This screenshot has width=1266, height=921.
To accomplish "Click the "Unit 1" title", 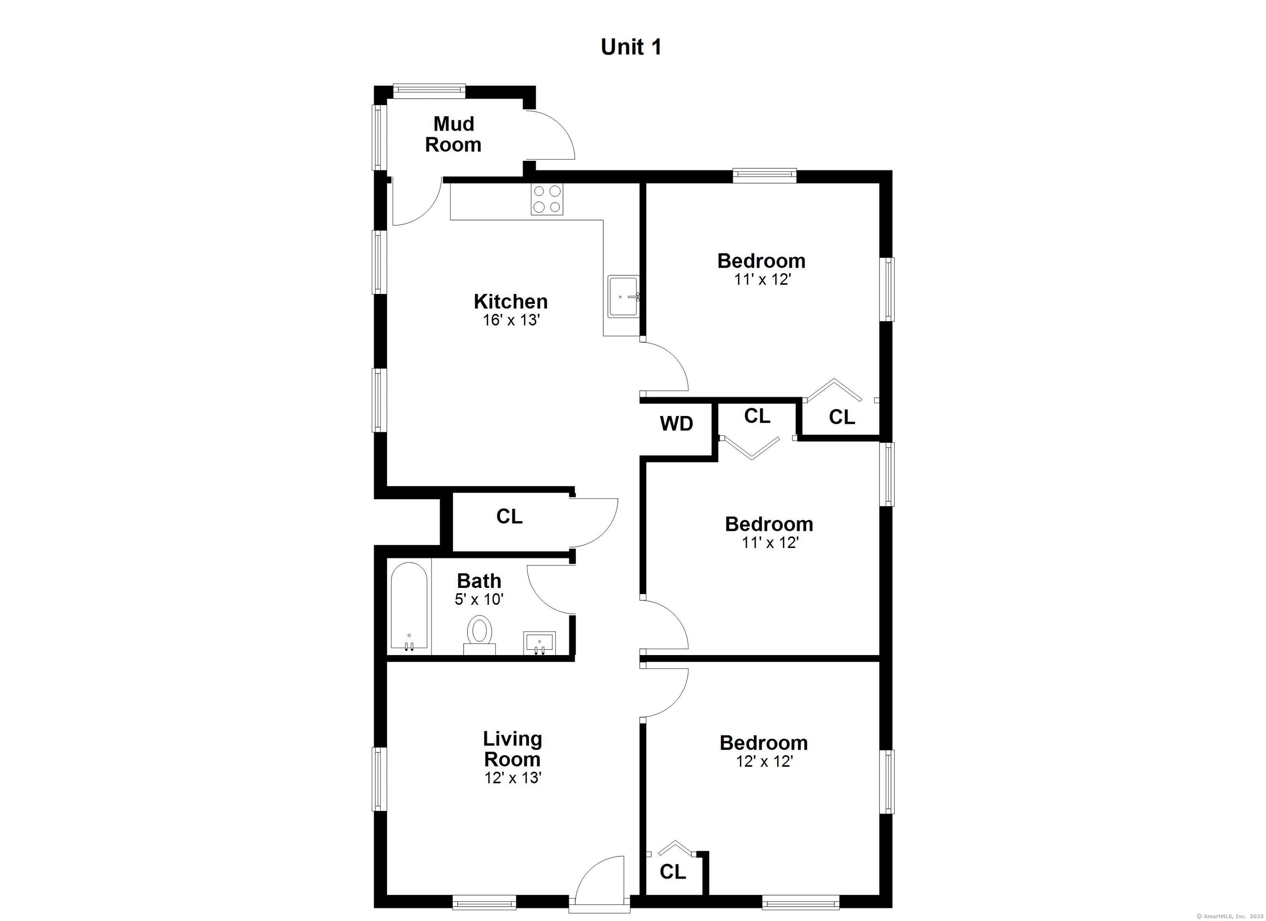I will (x=631, y=47).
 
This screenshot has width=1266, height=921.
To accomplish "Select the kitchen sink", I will (x=623, y=296).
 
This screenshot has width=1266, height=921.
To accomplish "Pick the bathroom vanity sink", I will (x=539, y=642).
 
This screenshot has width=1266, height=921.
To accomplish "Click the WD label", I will (x=677, y=424).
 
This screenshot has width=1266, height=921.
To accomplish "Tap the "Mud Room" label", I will (x=453, y=134).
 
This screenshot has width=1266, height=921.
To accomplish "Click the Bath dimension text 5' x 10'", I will (x=479, y=599).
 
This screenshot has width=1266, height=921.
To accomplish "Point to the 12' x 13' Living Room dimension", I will (x=512, y=778).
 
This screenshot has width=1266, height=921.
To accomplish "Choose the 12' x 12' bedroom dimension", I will (x=764, y=761).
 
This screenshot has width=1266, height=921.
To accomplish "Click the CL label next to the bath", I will (x=509, y=517).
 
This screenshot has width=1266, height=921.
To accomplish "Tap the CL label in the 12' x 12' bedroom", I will (x=673, y=872).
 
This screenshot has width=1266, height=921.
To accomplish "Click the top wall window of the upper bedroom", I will (x=764, y=175).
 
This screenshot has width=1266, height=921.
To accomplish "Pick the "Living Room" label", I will (x=512, y=749).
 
